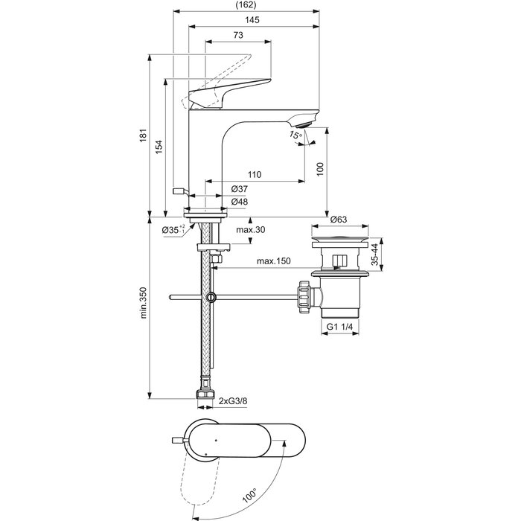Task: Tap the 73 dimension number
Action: [238, 36]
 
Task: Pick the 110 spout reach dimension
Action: [254, 175]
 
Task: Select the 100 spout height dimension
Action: [320, 170]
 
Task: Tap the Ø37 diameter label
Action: [239, 189]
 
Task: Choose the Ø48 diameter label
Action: [239, 202]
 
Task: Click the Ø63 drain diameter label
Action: [339, 220]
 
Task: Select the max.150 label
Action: [273, 261]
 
